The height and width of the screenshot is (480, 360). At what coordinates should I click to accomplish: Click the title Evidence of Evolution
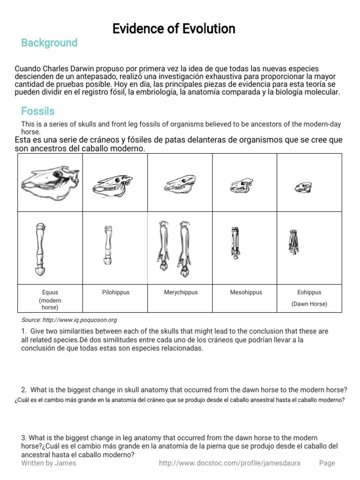(174, 29)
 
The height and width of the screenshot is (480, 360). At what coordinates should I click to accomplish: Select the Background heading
(49, 43)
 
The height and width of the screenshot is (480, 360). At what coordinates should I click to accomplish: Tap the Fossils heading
(38, 112)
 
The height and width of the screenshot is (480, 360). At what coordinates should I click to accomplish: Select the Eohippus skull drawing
(300, 188)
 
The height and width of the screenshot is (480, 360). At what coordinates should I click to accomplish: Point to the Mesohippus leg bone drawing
(235, 243)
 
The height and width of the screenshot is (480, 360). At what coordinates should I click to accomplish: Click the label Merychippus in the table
(180, 292)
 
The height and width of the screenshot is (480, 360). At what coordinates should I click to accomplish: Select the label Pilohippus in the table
(115, 292)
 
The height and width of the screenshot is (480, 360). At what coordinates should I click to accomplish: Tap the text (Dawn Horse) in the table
(309, 304)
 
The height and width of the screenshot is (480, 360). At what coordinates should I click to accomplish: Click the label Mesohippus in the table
(246, 292)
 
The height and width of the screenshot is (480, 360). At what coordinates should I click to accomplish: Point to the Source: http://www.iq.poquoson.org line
(69, 320)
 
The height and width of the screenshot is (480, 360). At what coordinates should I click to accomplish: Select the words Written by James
(49, 463)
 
